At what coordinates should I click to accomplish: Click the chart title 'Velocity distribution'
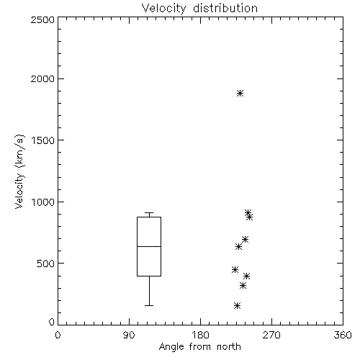tap(199, 9)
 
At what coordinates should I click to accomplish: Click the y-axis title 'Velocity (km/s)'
tap(19, 171)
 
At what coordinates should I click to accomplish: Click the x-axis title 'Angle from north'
tap(199, 346)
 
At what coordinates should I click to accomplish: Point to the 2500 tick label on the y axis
tap(42, 19)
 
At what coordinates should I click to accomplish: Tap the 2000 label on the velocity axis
tap(42, 78)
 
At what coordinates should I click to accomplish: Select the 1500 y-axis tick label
tap(43, 140)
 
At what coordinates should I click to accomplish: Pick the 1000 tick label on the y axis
tap(43, 202)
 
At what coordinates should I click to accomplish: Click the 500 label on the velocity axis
tap(46, 264)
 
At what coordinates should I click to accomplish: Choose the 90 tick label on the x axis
tap(129, 335)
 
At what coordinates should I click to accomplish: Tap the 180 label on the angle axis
tap(200, 335)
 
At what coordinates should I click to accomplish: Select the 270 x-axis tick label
tap(271, 335)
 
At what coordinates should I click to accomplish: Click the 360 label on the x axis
tap(343, 335)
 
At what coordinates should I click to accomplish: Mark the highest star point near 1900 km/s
tap(240, 93)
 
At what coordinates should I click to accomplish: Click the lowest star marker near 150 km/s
tap(237, 305)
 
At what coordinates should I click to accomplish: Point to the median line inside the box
tap(149, 246)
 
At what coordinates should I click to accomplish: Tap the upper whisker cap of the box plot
tap(149, 212)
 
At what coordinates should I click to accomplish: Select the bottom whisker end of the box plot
tap(149, 305)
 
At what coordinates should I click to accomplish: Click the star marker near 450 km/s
tap(235, 269)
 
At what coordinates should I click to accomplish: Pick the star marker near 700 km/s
tap(245, 239)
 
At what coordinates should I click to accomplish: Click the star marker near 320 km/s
tap(243, 285)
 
